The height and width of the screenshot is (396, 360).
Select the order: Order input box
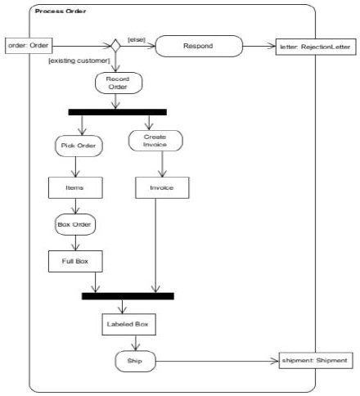[28, 45]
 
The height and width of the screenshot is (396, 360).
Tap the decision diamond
[116, 46]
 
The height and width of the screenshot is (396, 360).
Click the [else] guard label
[137, 38]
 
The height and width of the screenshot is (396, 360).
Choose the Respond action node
[199, 46]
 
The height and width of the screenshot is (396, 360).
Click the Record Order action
[118, 83]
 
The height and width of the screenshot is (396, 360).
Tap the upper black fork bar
[117, 111]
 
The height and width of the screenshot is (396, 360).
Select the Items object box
[74, 187]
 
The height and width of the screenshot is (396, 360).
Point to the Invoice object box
[155, 187]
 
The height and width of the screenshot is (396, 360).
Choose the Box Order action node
[76, 224]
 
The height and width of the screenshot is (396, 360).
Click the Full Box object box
[76, 262]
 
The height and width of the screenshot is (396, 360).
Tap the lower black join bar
[128, 295]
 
